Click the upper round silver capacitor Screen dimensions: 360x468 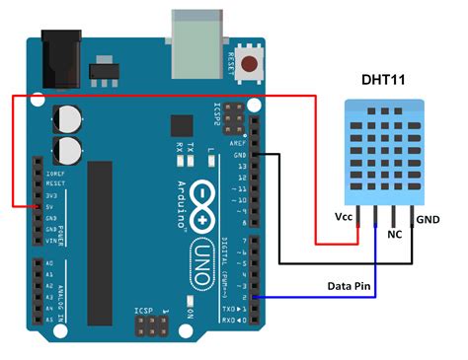[68, 119]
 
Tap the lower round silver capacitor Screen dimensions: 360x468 [68, 151]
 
